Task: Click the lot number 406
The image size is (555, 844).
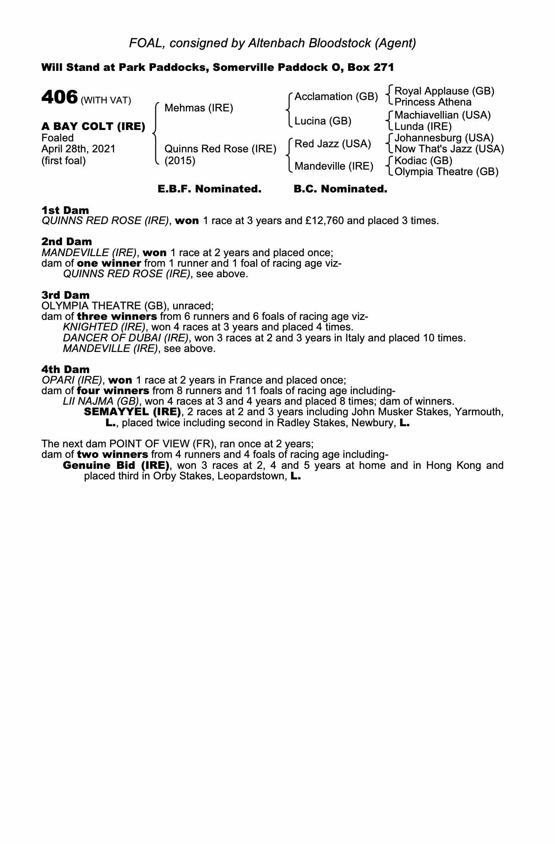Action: (60, 97)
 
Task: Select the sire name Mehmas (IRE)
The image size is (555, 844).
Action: (199, 108)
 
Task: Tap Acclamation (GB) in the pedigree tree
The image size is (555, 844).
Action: (336, 97)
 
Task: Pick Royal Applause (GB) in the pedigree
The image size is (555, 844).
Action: (444, 91)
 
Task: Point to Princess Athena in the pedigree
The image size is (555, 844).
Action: (433, 102)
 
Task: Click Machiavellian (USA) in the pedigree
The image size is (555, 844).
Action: (442, 115)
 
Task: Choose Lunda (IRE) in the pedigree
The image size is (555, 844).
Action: (423, 126)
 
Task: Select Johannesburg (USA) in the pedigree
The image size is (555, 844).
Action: (444, 138)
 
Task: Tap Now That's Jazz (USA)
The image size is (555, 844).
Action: (449, 149)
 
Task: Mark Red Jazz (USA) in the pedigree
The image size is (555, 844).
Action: (332, 144)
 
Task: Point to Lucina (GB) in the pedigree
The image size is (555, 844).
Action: (323, 121)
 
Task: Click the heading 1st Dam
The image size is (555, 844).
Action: (65, 210)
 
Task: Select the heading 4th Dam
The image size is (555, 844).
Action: (65, 369)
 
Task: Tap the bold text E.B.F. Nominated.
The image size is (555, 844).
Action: (209, 189)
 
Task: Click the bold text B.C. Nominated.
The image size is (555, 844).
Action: (340, 189)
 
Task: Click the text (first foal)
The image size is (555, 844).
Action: (63, 161)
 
